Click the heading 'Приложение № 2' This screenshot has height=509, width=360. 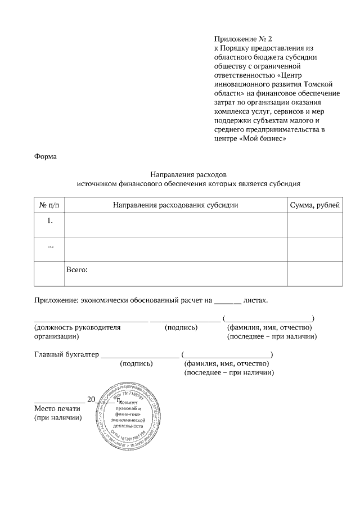click(x=242, y=39)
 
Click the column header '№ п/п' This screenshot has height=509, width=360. click(x=49, y=205)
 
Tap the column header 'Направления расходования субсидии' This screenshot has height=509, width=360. click(x=175, y=205)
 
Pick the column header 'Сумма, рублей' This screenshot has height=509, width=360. click(x=314, y=205)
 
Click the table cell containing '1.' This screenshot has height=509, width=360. click(x=49, y=220)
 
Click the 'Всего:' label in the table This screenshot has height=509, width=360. click(x=77, y=270)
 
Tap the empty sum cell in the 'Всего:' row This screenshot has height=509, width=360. click(x=314, y=274)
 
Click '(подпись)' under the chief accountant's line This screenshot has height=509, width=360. click(x=137, y=364)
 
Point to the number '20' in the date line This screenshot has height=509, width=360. click(x=91, y=399)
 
